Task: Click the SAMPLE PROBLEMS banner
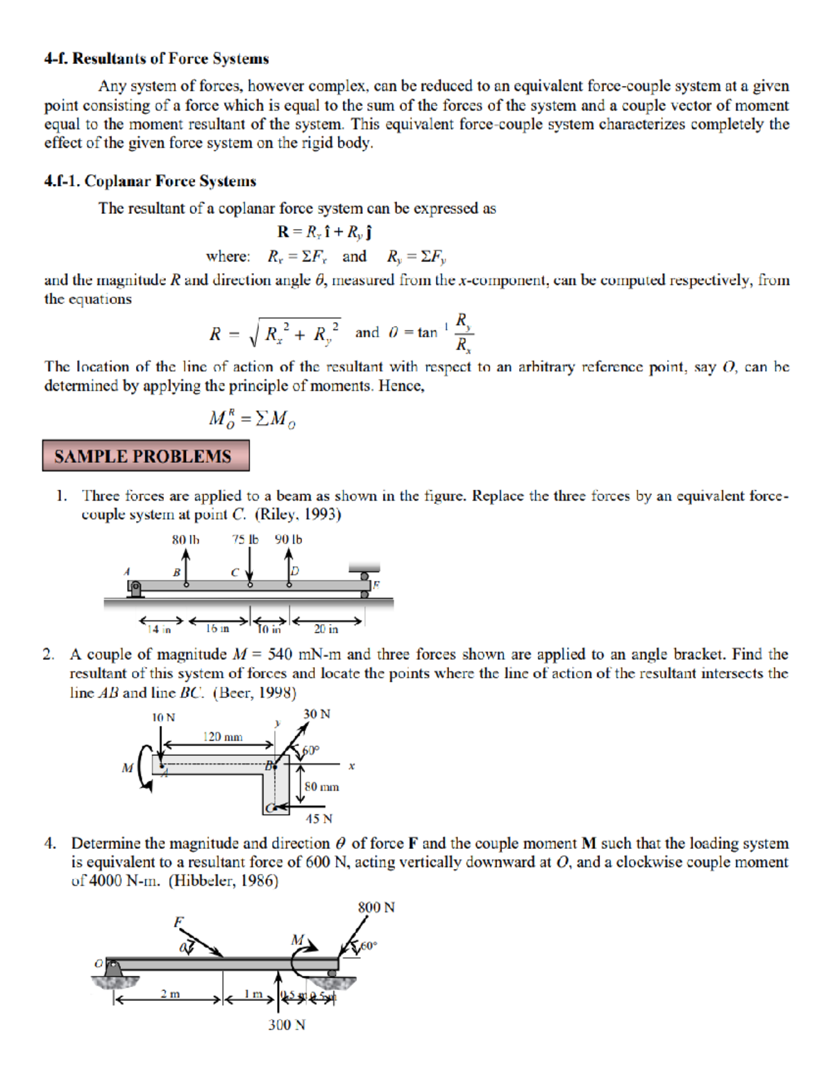(146, 456)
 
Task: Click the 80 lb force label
(185, 539)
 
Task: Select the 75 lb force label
(245, 539)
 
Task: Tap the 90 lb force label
(288, 539)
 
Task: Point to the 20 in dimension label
(326, 629)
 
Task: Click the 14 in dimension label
(159, 630)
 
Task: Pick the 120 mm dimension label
(222, 736)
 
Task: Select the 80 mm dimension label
(321, 786)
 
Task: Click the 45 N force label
(319, 819)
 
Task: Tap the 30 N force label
(317, 714)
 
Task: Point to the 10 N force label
(163, 717)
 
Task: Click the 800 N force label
(376, 907)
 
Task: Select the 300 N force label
(287, 1025)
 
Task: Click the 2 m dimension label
(170, 994)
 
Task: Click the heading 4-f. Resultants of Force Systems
(156, 59)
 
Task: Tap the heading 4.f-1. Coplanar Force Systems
(150, 181)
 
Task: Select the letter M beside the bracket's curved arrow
(127, 768)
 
